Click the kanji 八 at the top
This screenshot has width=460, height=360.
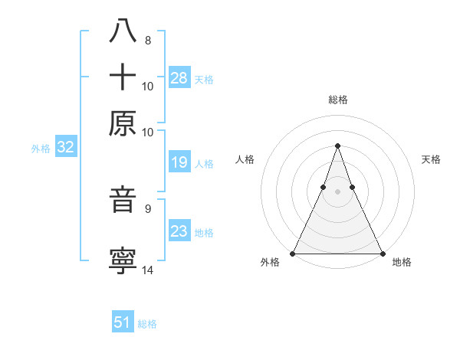[123, 32]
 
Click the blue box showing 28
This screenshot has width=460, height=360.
[179, 78]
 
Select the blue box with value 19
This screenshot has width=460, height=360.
[179, 162]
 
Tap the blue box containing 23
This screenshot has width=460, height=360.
[179, 231]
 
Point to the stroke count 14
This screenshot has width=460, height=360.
[148, 270]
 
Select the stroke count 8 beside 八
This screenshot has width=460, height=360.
[147, 40]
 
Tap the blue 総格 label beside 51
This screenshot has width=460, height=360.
[147, 324]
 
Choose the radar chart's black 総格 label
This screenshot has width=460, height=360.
[337, 100]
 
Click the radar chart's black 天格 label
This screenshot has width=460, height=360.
[431, 159]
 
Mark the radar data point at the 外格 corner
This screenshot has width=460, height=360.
[293, 253]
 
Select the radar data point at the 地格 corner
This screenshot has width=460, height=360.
[382, 253]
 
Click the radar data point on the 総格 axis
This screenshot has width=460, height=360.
[337, 146]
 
